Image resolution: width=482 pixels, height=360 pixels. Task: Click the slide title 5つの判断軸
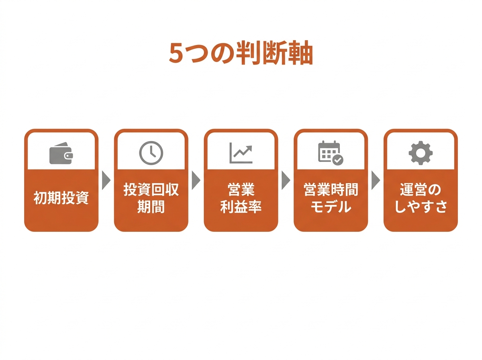[241, 53]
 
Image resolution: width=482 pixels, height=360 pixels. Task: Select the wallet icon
[61, 153]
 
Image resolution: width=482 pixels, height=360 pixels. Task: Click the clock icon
[151, 153]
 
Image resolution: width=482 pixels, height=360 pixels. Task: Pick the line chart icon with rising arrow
[241, 153]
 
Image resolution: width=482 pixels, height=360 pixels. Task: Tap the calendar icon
[331, 153]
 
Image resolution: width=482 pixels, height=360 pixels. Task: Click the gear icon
[421, 153]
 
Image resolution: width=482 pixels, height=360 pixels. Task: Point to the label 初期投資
[61, 198]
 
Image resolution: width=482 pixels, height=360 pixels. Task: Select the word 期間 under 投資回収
[151, 207]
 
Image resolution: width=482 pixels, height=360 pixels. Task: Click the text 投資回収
[151, 189]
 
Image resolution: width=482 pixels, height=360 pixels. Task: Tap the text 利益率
[241, 207]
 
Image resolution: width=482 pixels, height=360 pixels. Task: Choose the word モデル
[331, 207]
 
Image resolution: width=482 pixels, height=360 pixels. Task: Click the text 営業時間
[331, 189]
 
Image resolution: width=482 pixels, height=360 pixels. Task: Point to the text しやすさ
[421, 207]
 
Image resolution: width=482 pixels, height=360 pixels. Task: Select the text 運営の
[421, 189]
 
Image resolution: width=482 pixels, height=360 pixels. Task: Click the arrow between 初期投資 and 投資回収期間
[106, 180]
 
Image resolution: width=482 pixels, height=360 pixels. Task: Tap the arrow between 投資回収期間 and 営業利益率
[196, 180]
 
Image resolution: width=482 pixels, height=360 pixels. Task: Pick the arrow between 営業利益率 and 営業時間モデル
[286, 180]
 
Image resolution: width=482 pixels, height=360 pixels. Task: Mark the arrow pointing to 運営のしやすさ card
[376, 180]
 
